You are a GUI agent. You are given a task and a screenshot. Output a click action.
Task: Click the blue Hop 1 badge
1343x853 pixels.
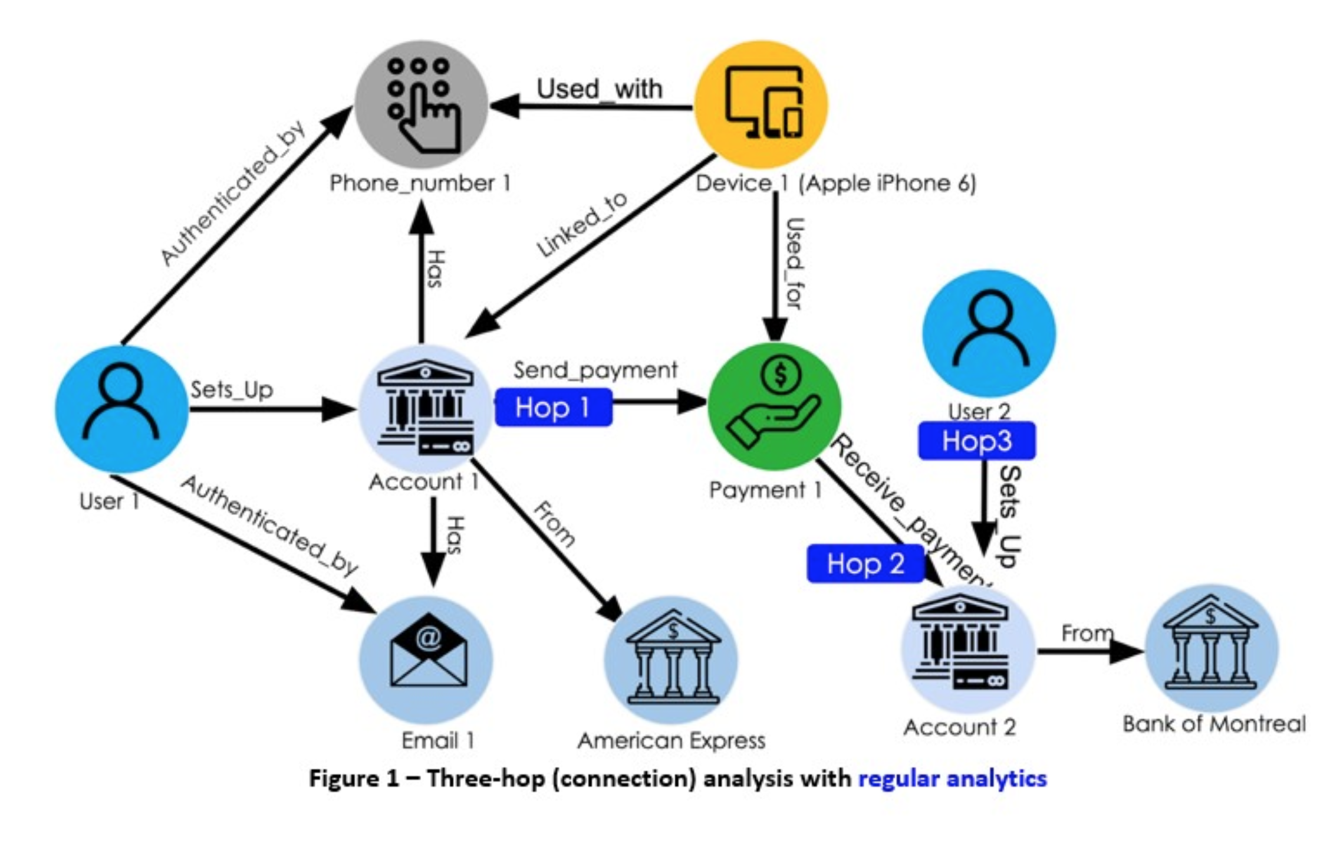tap(553, 408)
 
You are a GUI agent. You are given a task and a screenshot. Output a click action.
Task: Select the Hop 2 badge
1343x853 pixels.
tap(865, 564)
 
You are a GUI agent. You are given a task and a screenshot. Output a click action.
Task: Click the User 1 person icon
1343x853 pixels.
tap(121, 409)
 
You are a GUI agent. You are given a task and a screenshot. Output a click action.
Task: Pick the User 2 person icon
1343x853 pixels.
tap(989, 333)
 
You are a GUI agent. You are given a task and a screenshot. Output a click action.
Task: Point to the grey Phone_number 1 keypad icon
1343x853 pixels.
tap(422, 105)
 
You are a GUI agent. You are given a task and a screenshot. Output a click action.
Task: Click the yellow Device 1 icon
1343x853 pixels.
tap(761, 105)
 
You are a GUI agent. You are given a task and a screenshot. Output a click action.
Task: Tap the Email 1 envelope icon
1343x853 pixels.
tap(426, 660)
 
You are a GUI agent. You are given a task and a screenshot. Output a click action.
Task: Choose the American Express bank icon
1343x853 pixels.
tap(671, 660)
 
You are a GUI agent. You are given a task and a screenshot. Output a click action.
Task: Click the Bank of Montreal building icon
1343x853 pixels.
tap(1211, 648)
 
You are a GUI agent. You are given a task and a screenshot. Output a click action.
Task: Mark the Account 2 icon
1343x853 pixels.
tap(967, 648)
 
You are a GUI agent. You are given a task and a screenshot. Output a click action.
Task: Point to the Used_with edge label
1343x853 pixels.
tap(599, 90)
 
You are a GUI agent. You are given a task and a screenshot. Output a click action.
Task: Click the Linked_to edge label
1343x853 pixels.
tap(581, 225)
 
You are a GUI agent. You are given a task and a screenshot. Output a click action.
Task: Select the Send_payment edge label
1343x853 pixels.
tap(595, 370)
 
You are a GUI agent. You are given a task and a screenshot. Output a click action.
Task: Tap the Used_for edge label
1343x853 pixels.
tap(794, 263)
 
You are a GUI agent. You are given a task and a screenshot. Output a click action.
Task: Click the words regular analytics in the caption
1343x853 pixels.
tap(952, 779)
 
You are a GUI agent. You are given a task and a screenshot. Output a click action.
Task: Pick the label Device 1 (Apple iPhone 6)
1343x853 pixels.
tap(835, 183)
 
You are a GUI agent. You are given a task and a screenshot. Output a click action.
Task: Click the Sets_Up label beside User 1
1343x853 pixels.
tap(232, 390)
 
